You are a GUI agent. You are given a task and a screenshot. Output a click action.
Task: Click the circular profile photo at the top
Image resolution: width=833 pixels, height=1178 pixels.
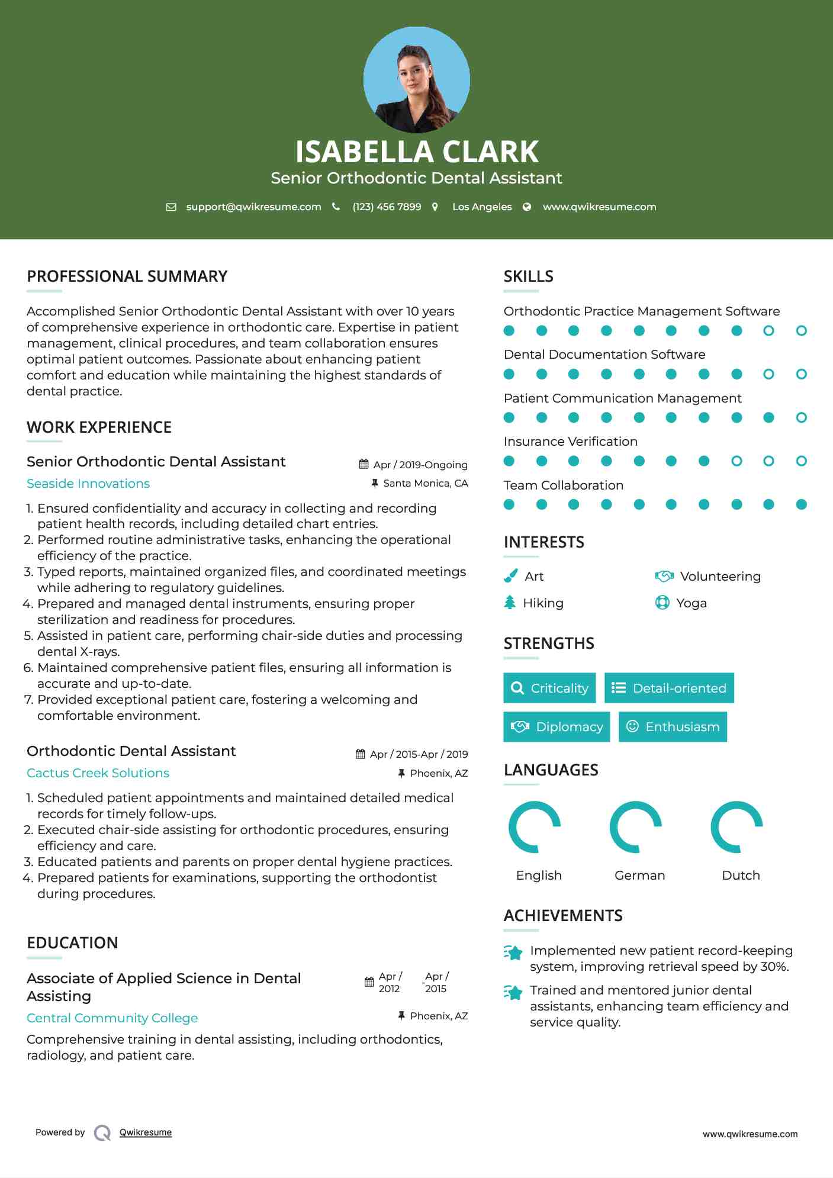pyautogui.click(x=416, y=80)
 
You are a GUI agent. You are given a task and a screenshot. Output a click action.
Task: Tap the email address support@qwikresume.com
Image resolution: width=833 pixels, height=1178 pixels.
pyautogui.click(x=253, y=207)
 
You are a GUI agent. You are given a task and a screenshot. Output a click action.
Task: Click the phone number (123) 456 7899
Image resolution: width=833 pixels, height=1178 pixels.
pyautogui.click(x=387, y=207)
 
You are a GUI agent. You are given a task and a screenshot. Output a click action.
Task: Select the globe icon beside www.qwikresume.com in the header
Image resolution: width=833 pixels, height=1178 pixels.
pyautogui.click(x=527, y=207)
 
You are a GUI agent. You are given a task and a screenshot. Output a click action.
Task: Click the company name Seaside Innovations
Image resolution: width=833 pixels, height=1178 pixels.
pyautogui.click(x=88, y=484)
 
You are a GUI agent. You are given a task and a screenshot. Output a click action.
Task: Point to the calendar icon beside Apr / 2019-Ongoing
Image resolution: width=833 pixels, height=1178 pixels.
pyautogui.click(x=364, y=464)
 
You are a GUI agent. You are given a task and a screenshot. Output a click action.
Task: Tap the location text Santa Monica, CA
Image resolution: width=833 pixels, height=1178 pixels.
pyautogui.click(x=425, y=483)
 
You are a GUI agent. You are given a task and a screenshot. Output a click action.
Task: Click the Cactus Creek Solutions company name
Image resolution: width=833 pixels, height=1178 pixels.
pyautogui.click(x=98, y=773)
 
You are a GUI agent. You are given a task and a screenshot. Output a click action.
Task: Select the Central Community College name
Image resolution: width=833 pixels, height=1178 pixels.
pyautogui.click(x=112, y=1018)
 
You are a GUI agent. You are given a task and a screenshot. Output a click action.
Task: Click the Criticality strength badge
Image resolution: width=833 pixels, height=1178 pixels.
pyautogui.click(x=549, y=688)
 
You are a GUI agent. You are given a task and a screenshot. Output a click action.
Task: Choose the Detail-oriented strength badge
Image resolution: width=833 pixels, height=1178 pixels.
pyautogui.click(x=669, y=688)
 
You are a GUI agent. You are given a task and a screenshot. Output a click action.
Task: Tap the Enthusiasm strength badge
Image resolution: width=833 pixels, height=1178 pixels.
pyautogui.click(x=673, y=726)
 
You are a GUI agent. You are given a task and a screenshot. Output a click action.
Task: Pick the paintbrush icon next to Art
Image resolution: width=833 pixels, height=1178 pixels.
pyautogui.click(x=510, y=576)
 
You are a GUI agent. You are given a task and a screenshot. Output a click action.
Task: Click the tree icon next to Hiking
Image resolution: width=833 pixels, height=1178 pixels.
pyautogui.click(x=510, y=603)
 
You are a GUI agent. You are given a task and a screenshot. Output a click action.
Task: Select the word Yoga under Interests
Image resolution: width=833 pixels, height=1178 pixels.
pyautogui.click(x=692, y=603)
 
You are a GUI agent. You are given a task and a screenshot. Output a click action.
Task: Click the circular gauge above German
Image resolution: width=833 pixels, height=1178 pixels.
pyautogui.click(x=636, y=827)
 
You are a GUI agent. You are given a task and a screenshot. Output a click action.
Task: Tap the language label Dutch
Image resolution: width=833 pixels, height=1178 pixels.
pyautogui.click(x=741, y=876)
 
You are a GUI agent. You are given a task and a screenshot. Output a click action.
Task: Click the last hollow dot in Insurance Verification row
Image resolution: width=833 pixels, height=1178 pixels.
pyautogui.click(x=801, y=461)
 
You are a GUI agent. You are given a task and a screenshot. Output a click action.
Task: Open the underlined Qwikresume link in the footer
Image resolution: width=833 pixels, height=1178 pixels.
pyautogui.click(x=146, y=1132)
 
